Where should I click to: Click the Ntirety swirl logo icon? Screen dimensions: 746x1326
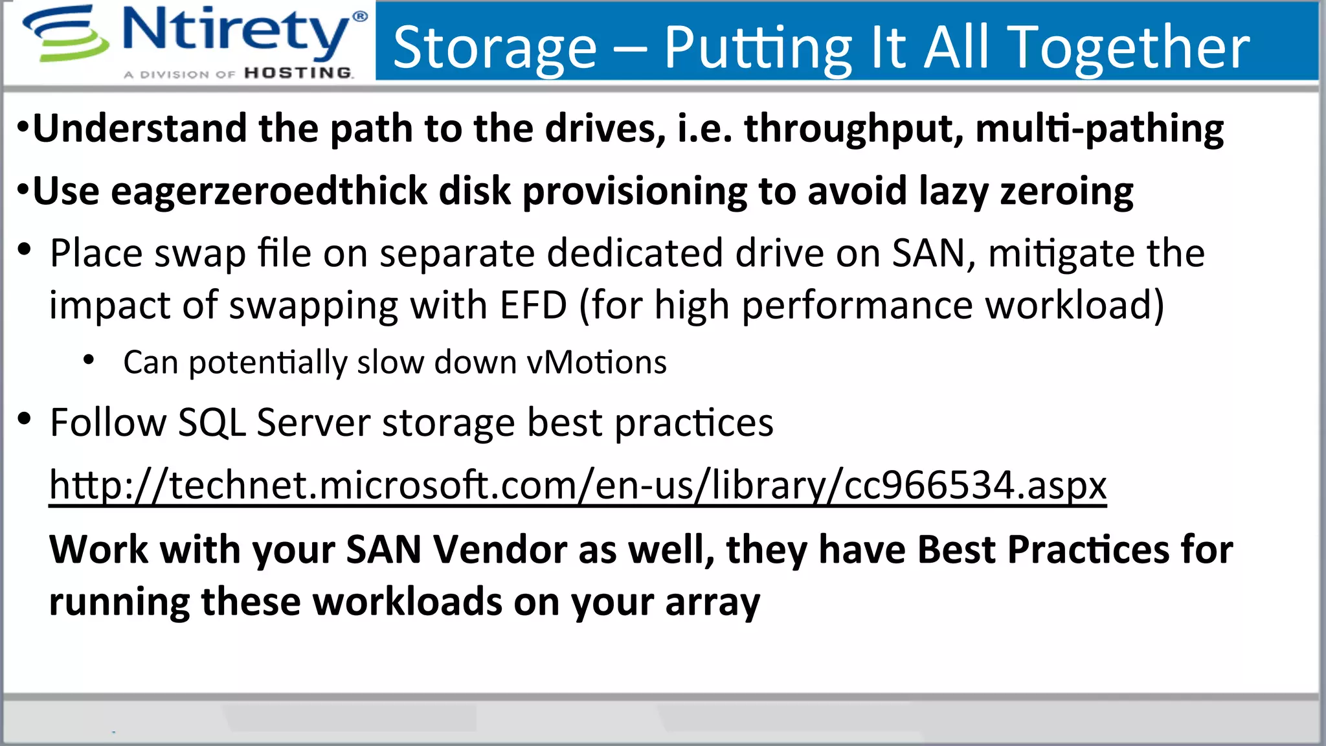pos(65,34)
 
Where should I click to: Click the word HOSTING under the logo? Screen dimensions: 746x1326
pos(298,73)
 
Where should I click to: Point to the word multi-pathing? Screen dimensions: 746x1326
pos(1099,129)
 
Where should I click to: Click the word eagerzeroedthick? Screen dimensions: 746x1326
pos(269,192)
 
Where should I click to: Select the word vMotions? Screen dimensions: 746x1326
pos(596,362)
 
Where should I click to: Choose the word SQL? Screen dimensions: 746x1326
pos(212,423)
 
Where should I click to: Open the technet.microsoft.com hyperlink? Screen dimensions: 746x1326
pos(578,485)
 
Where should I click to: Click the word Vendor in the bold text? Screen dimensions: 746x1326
pos(500,550)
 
